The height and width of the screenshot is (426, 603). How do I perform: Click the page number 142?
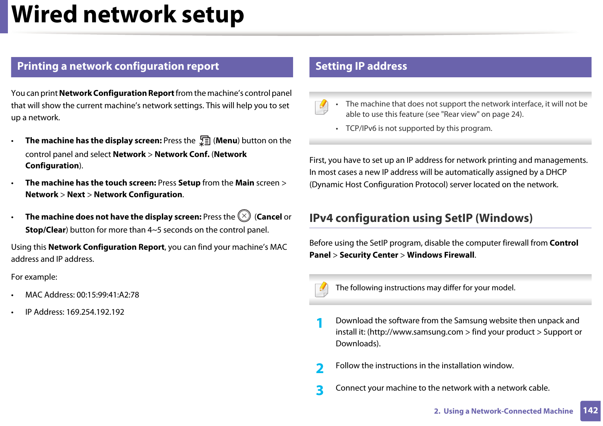coord(590,411)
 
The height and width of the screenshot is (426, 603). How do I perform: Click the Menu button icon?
coord(205,141)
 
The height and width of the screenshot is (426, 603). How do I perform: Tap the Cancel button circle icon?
coord(244,216)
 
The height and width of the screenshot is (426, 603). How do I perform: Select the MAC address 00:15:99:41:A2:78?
coord(108,295)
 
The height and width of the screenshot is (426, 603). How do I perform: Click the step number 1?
coord(320,323)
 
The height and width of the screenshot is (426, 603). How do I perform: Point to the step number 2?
coord(320,368)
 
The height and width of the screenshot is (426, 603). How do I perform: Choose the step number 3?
coord(320,390)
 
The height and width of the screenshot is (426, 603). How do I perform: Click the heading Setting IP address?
coord(361,66)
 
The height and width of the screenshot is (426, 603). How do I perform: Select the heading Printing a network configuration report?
coord(118,66)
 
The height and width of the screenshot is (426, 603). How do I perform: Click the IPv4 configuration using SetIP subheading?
coord(421,218)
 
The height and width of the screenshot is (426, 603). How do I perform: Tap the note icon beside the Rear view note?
coord(322,107)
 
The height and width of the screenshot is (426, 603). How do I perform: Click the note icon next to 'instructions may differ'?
coord(322,289)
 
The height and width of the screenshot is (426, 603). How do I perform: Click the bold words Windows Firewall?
coord(440,255)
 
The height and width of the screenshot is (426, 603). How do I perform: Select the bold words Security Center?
coord(368,255)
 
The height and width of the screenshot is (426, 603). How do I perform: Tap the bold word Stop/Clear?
coord(45,230)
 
